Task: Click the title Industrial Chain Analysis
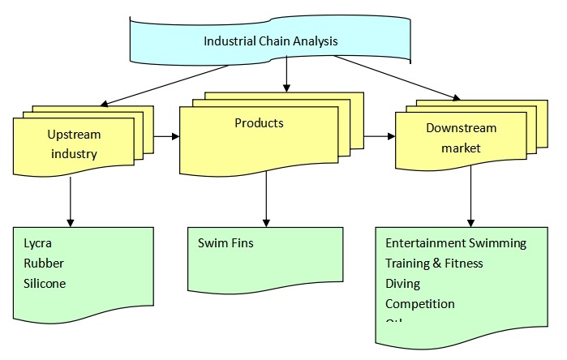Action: pyautogui.click(x=270, y=41)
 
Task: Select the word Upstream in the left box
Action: pyautogui.click(x=73, y=133)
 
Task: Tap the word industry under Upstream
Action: pyautogui.click(x=73, y=153)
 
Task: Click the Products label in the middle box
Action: pyautogui.click(x=259, y=123)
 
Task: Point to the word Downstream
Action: pyautogui.click(x=461, y=128)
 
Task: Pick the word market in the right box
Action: pyautogui.click(x=461, y=148)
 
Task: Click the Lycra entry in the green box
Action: pyautogui.click(x=38, y=242)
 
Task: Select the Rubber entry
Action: pyautogui.click(x=44, y=263)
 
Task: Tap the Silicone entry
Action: pyautogui.click(x=45, y=283)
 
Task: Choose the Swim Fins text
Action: pyautogui.click(x=226, y=242)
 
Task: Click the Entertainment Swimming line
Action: pyautogui.click(x=455, y=243)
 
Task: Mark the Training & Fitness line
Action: pyautogui.click(x=434, y=263)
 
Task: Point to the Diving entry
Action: pyautogui.click(x=402, y=283)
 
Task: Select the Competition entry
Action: pyautogui.click(x=419, y=303)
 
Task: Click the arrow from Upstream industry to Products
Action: pyautogui.click(x=165, y=136)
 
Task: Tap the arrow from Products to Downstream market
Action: pyautogui.click(x=376, y=136)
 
